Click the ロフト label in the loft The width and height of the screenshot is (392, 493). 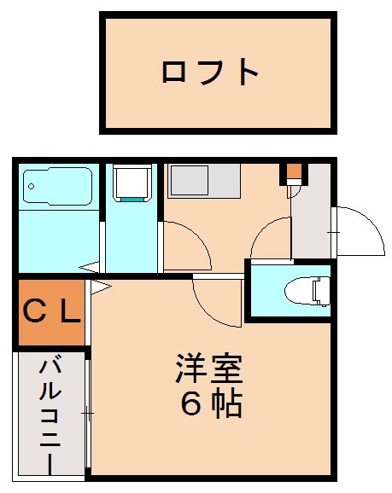210,72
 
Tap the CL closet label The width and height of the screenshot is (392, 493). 51,312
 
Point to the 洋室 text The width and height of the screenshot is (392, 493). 210,369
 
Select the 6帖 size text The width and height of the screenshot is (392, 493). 210,403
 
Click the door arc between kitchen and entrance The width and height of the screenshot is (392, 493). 272,239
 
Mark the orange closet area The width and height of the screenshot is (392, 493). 51,312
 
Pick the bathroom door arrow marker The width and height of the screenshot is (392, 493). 89,268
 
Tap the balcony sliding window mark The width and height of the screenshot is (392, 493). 88,413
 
